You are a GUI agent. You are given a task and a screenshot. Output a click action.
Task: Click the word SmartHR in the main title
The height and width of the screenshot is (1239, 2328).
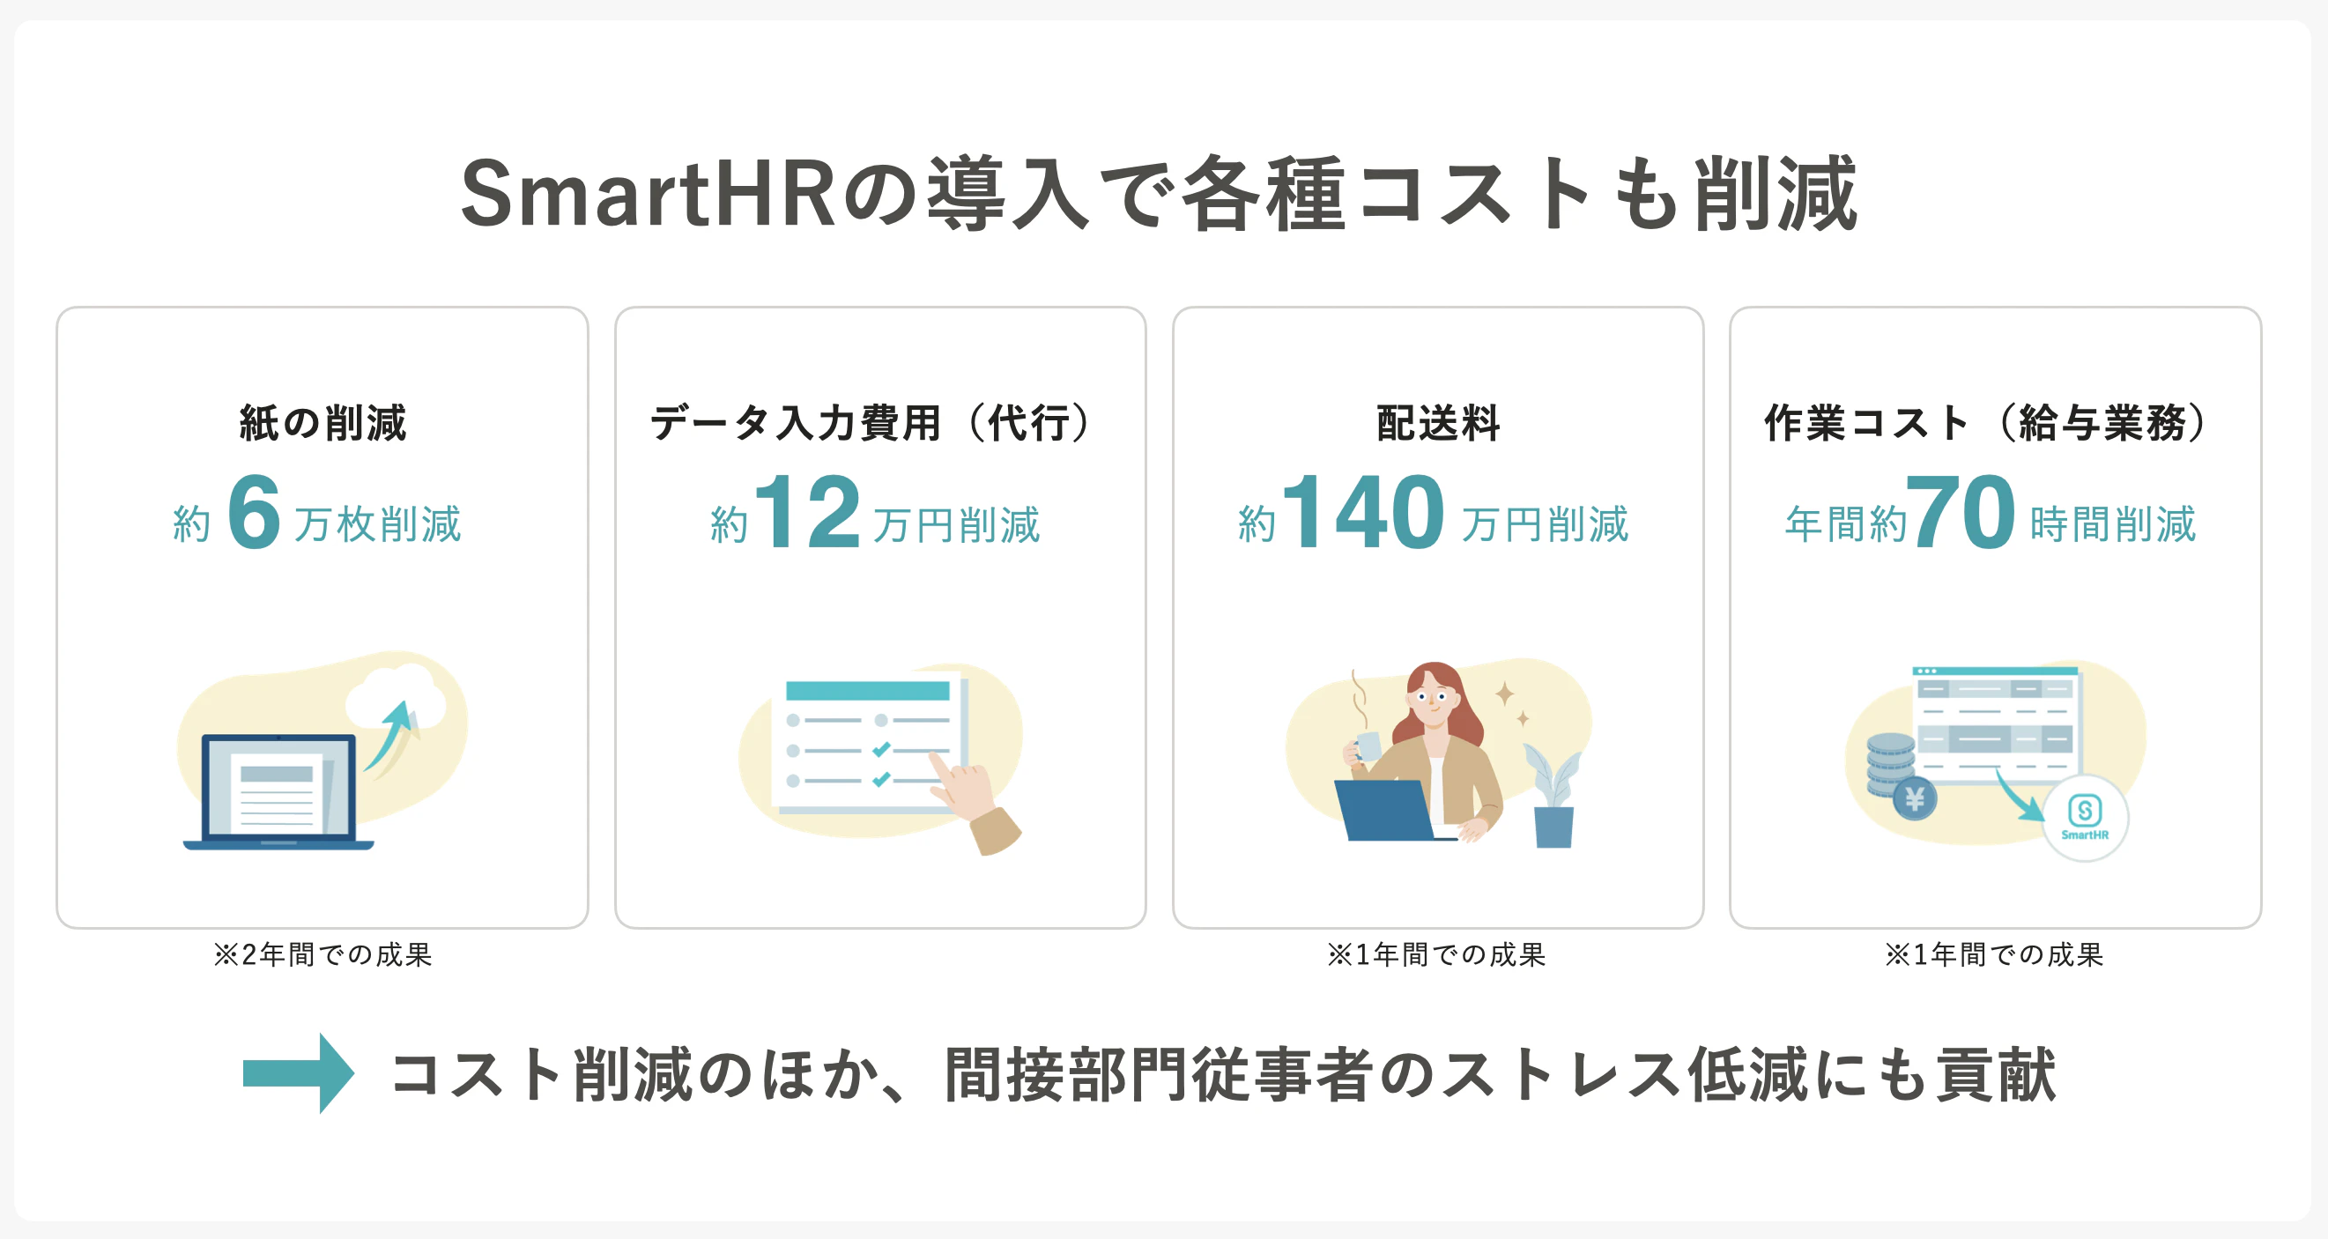point(648,193)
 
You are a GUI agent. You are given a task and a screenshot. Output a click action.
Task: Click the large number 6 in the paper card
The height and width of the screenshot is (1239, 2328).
point(254,511)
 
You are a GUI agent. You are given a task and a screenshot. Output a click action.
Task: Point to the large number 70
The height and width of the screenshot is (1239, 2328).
point(1961,511)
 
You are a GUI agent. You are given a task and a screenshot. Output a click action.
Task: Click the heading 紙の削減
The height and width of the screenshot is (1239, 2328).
point(323,423)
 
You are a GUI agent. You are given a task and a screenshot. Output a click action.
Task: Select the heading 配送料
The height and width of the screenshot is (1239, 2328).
point(1438,423)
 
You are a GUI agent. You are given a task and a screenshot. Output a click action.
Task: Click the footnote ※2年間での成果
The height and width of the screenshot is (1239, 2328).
point(323,954)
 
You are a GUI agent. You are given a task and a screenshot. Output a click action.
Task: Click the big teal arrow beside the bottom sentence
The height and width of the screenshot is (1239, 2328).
point(298,1073)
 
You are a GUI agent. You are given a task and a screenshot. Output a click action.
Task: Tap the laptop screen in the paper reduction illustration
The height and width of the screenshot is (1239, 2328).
point(278,786)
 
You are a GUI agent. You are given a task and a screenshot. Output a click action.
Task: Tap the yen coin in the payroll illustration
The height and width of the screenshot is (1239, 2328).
point(1914,799)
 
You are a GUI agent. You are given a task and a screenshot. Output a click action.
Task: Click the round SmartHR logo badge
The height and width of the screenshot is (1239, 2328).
point(2085,818)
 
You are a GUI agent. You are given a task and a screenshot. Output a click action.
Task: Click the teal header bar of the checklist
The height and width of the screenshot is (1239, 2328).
point(868,692)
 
